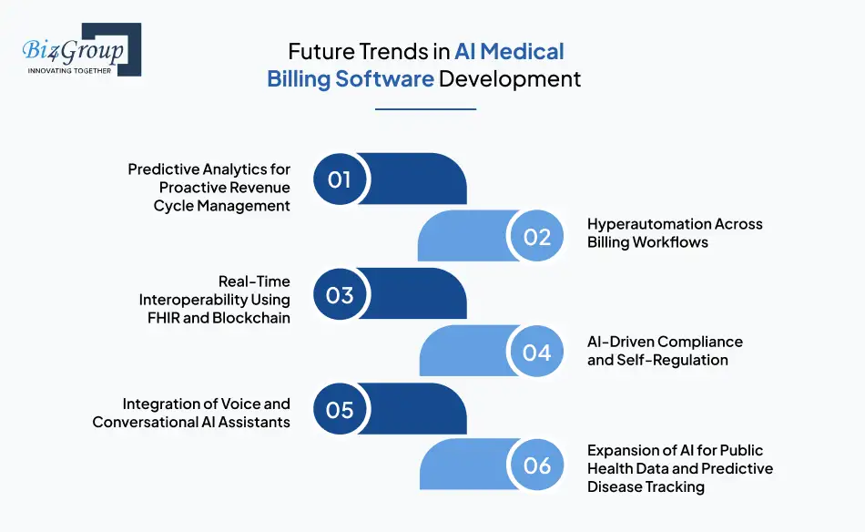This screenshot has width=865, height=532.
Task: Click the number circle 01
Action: click(340, 179)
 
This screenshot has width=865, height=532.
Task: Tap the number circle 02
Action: click(537, 237)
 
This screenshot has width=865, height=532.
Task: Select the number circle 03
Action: click(340, 294)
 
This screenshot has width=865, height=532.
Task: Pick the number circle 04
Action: click(537, 352)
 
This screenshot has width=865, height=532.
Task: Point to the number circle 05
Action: click(340, 410)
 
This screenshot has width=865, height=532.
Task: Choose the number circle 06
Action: click(537, 465)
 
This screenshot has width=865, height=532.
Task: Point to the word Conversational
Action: click(148, 422)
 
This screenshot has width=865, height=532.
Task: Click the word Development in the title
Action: click(510, 78)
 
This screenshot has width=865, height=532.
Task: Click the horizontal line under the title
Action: click(425, 108)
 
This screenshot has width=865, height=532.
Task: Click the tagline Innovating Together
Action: click(69, 70)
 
